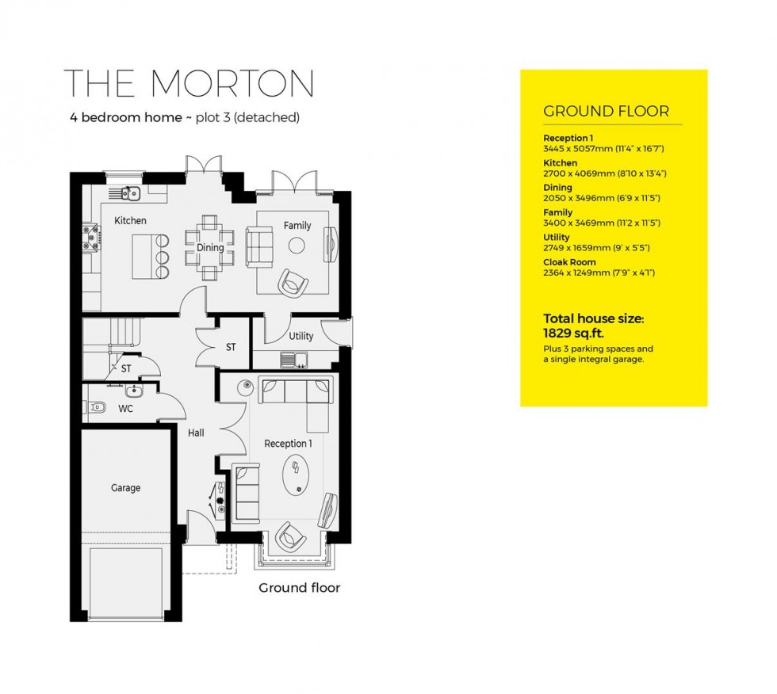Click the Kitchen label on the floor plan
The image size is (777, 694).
click(130, 220)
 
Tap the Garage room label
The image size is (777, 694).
click(125, 488)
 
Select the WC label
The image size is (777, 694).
click(125, 409)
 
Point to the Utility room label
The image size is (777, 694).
click(300, 336)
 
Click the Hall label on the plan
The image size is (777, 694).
click(196, 433)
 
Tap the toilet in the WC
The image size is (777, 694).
click(97, 408)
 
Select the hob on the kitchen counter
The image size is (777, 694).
click(92, 233)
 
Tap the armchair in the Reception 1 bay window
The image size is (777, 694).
click(289, 539)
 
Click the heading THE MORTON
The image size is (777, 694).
click(189, 84)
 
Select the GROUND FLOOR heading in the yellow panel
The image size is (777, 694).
click(606, 112)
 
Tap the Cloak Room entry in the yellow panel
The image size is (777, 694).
click(569, 262)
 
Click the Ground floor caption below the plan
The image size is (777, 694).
click(299, 588)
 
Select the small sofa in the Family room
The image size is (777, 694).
click(258, 246)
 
